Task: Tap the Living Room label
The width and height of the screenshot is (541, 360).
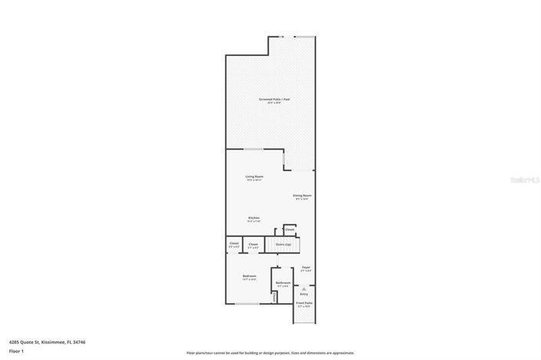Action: (x=254, y=178)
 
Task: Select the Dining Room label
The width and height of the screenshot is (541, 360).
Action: (x=302, y=197)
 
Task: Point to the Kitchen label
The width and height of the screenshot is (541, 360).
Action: (x=253, y=219)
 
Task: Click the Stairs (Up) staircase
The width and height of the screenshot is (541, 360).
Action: (x=282, y=245)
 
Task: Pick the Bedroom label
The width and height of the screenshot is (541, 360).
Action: (x=249, y=277)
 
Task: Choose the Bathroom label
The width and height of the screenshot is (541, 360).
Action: (x=282, y=284)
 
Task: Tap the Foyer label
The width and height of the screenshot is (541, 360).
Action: (x=305, y=268)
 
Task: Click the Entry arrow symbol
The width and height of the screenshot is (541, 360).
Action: (x=304, y=289)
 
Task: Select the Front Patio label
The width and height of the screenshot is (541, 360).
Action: (x=305, y=304)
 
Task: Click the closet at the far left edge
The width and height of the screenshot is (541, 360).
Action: (x=233, y=245)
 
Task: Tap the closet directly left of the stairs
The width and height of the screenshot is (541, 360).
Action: (x=253, y=245)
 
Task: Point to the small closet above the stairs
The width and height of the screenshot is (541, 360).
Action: (x=289, y=230)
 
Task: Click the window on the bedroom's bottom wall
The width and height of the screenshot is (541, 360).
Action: (x=246, y=304)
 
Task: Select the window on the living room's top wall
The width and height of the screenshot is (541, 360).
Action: (x=254, y=149)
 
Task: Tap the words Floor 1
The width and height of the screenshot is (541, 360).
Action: (x=17, y=351)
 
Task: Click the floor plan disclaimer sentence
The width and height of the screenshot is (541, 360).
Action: (x=270, y=353)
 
